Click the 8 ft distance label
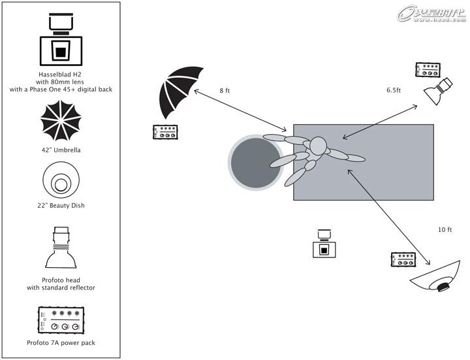point(225,91)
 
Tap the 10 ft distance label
point(445,230)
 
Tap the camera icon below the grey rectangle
point(322,244)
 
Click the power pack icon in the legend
point(61,320)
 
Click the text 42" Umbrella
point(61,150)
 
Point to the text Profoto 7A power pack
point(61,342)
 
